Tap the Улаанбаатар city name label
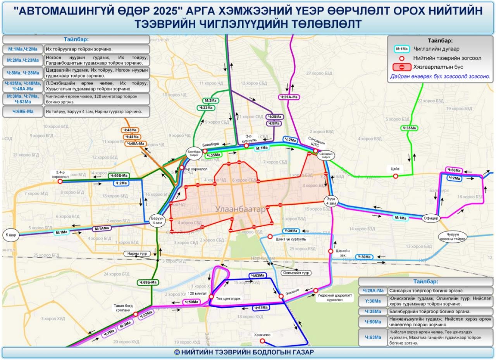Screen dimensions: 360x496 (240, 209)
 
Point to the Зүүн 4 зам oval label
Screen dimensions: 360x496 (330, 201)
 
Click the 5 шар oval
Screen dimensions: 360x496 (10, 235)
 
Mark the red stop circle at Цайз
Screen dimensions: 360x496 (395, 176)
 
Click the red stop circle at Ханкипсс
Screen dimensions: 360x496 (262, 341)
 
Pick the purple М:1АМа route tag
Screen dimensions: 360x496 (102, 228)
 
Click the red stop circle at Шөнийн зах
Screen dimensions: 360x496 (331, 251)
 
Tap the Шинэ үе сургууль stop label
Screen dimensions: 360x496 (291, 239)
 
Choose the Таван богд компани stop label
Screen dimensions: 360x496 (123, 308)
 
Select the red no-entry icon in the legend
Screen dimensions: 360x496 (402, 67)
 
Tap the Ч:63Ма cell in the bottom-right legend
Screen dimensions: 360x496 (373, 337)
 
